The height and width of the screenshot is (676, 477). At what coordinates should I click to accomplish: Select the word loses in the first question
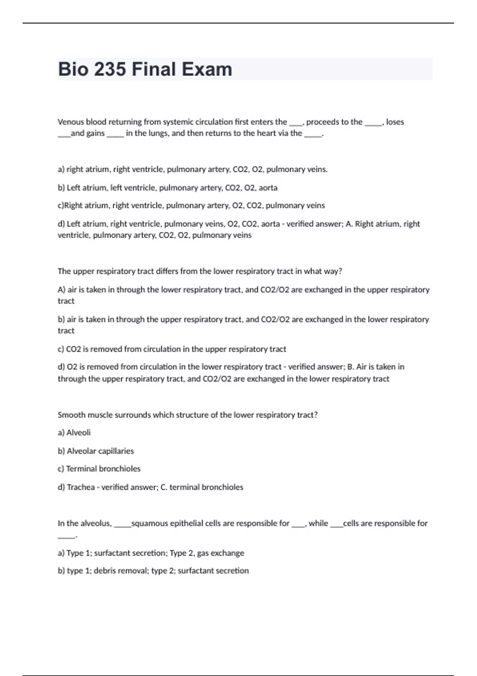[x=395, y=122]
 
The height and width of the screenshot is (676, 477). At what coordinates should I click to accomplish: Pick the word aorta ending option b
[x=268, y=188]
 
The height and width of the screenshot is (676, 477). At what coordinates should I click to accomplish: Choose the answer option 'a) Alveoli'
[x=74, y=433]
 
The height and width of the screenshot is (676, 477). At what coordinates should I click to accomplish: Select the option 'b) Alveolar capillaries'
[x=96, y=451]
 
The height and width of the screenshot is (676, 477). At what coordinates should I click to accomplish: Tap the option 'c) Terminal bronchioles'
[x=99, y=469]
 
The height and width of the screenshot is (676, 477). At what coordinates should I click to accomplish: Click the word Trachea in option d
[x=81, y=487]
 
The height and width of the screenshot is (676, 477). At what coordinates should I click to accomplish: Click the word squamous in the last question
[x=149, y=523]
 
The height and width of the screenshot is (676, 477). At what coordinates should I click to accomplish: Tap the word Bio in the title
[x=73, y=69]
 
